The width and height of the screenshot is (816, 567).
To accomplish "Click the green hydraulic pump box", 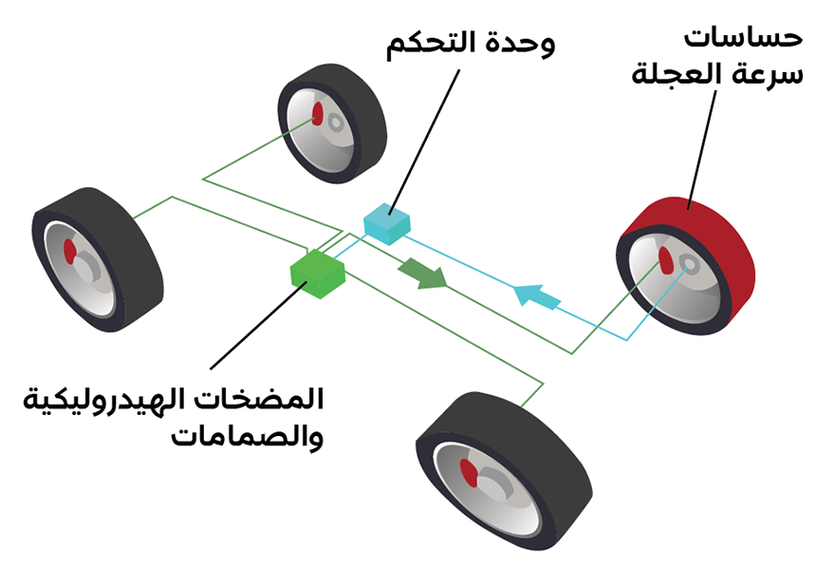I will (x=318, y=272).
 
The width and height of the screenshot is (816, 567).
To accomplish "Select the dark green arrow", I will (x=421, y=273).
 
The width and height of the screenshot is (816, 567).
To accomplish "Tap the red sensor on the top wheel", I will (x=318, y=114).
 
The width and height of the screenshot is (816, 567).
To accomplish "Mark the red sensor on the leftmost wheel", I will (x=68, y=251).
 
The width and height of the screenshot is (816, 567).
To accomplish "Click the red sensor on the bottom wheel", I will (x=467, y=470).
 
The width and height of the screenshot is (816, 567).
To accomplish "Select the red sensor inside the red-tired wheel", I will (x=665, y=259).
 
